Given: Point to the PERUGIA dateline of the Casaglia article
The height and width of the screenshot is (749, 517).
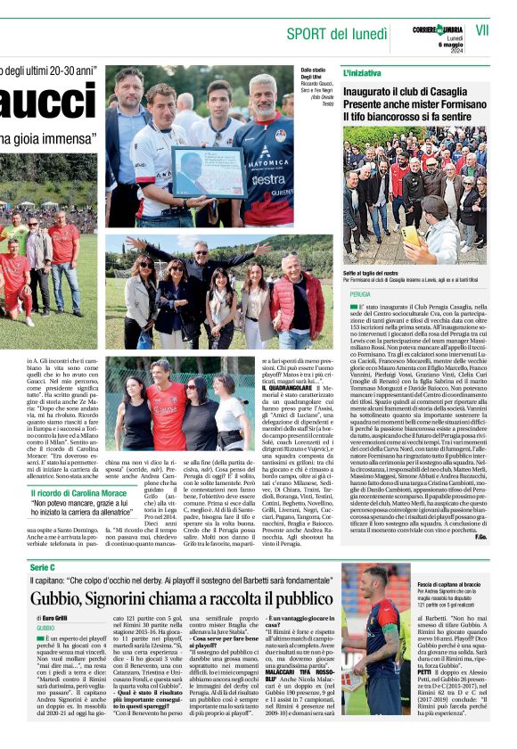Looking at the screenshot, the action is click(360, 292).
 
